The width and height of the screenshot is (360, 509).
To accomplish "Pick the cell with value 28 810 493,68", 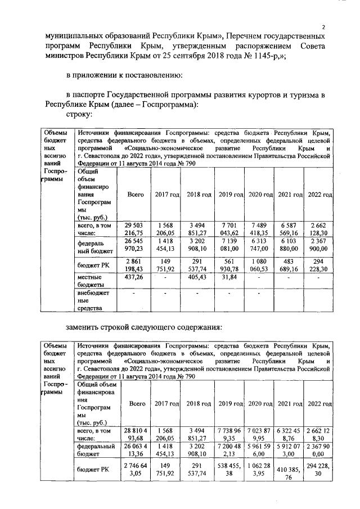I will pos(135,434).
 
